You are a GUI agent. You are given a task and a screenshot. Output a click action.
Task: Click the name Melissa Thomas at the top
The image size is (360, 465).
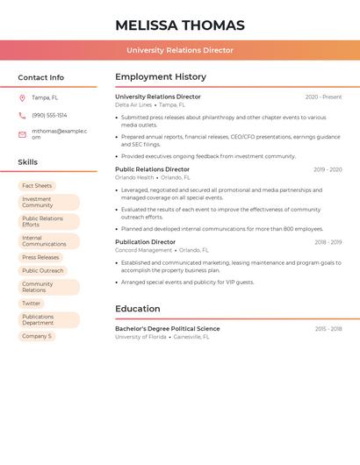click(x=180, y=25)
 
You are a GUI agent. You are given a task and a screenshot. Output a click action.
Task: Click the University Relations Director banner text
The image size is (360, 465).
click(x=180, y=51)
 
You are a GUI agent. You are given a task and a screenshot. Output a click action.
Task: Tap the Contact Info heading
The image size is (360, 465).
click(x=41, y=77)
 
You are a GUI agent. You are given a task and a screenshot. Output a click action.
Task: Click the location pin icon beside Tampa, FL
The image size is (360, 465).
click(x=22, y=98)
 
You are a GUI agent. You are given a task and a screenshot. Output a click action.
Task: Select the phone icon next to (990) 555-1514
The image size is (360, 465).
click(x=22, y=116)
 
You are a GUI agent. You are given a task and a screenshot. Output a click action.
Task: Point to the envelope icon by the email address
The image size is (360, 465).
click(x=22, y=133)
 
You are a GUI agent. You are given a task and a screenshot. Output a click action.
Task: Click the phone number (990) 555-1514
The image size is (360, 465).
click(x=49, y=116)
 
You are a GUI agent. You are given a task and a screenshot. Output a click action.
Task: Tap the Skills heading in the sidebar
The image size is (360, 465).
click(x=28, y=162)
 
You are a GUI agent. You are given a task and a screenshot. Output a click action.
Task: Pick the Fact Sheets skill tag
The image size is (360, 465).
click(x=37, y=186)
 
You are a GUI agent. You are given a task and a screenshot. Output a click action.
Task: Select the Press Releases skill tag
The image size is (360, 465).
click(x=40, y=258)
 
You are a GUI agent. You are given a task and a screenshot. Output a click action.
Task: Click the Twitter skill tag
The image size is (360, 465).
click(x=32, y=304)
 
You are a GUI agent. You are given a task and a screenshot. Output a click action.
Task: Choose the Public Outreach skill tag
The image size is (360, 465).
click(x=43, y=271)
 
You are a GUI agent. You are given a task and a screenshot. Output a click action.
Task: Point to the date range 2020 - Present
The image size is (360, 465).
click(x=323, y=97)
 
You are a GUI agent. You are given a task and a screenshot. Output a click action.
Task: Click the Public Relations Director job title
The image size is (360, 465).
click(x=152, y=169)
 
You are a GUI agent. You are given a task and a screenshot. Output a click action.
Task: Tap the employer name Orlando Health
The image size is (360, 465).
click(x=134, y=177)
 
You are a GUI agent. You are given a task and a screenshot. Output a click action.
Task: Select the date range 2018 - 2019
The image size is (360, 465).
click(x=328, y=242)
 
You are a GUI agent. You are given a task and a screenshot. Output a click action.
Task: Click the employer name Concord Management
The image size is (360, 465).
click(x=143, y=250)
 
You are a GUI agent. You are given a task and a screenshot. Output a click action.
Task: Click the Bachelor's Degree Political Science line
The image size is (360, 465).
click(x=168, y=329)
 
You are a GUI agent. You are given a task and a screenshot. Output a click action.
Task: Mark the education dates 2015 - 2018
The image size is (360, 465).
click(x=328, y=329)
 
